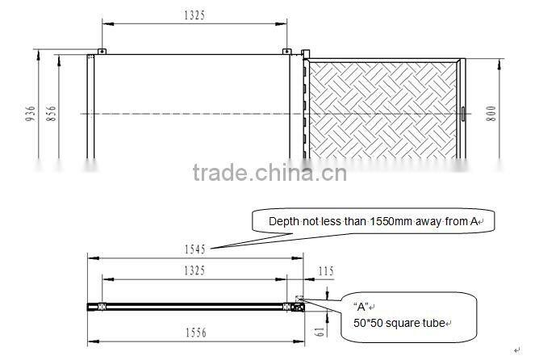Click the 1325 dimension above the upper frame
[194, 14]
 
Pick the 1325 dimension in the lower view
[194, 270]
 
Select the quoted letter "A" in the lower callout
[361, 307]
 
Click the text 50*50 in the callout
[370, 323]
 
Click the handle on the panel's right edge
[463, 114]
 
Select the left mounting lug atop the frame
[102, 52]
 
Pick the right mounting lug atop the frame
[286, 52]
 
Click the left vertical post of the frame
[91, 109]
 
